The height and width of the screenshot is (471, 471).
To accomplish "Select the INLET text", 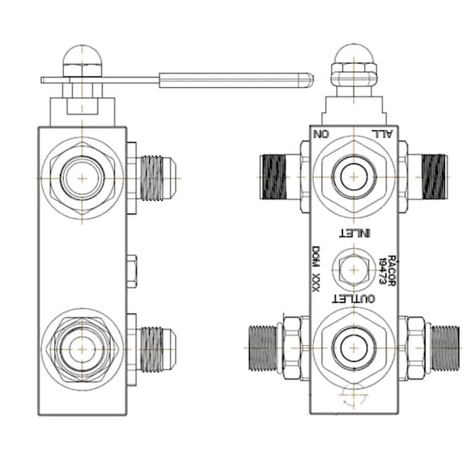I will point(352,232).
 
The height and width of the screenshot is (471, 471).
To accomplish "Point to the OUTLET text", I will point(353,299).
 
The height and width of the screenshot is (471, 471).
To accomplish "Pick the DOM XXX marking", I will point(316,269).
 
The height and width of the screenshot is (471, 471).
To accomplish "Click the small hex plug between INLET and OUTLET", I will point(352,269).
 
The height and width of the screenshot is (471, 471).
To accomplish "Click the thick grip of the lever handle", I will point(235,78).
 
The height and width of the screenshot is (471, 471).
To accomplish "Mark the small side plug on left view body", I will point(132,269).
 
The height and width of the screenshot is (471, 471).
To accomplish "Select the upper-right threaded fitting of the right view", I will point(431,177).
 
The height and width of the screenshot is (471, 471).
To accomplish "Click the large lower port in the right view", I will point(352,346).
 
